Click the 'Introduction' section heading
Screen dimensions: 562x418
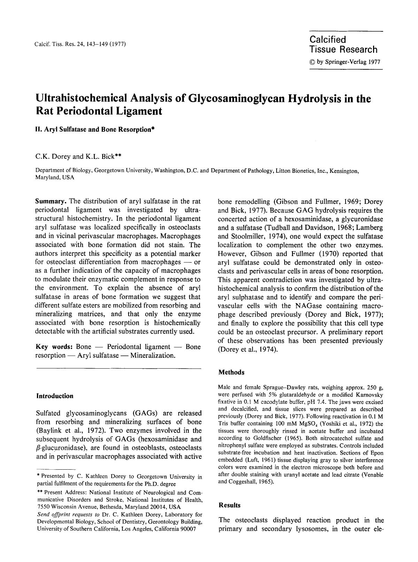[55, 396]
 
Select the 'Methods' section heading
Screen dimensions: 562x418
[231, 372]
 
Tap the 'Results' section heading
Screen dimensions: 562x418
[229, 505]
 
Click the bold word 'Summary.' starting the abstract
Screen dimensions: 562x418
[51, 201]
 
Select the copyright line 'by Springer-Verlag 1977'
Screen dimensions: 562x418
[348, 62]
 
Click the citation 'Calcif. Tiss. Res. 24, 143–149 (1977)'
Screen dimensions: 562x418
[80, 44]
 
